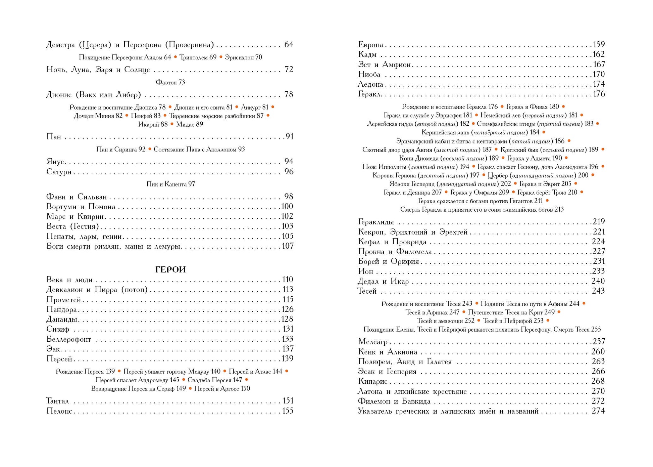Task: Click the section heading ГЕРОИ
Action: (170, 269)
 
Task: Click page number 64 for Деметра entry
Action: (289, 45)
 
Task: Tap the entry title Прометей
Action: (64, 299)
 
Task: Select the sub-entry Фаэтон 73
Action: (170, 82)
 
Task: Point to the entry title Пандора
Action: (62, 309)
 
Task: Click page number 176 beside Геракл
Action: (599, 94)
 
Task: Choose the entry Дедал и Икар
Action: (383, 281)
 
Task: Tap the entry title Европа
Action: (370, 45)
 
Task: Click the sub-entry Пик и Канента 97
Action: (170, 184)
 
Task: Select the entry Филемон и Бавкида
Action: (394, 401)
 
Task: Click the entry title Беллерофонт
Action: (69, 339)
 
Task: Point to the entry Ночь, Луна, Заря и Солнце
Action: (98, 70)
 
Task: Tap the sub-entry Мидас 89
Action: (190, 124)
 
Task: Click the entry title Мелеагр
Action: (373, 342)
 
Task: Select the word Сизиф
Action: (58, 329)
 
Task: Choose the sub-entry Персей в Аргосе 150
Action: (222, 389)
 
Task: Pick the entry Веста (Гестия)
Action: (72, 226)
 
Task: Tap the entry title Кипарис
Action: (373, 381)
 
